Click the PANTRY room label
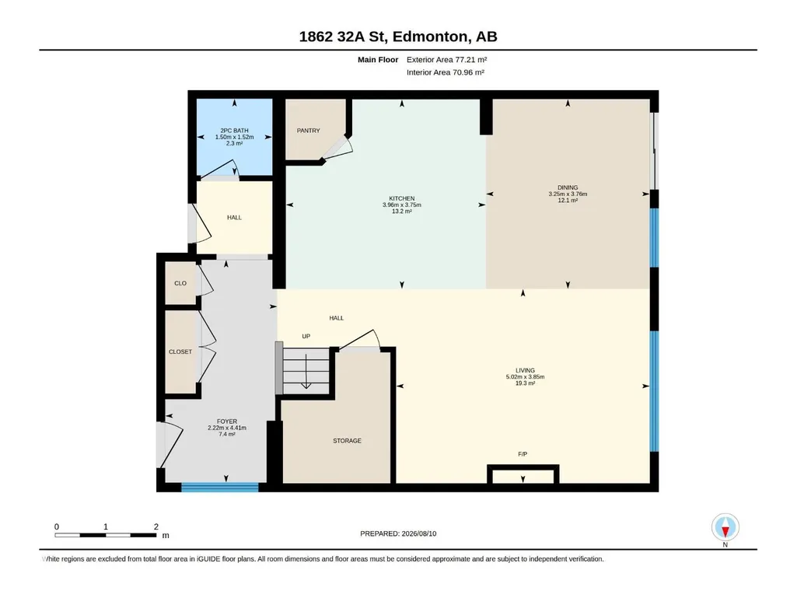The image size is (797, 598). click(309, 131)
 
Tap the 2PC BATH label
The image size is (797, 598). click(234, 131)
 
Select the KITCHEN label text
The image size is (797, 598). click(402, 198)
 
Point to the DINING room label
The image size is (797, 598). click(568, 187)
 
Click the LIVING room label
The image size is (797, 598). click(525, 371)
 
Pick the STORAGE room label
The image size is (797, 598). click(347, 441)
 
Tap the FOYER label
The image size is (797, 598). click(227, 421)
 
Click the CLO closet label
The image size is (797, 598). click(180, 283)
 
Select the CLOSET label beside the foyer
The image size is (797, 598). click(180, 352)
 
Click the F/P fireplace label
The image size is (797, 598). click(523, 454)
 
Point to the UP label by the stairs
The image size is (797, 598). click(306, 336)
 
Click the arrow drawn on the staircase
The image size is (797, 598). click(306, 371)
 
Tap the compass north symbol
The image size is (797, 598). click(725, 528)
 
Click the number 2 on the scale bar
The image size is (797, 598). click(156, 526)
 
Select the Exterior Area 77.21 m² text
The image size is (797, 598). click(447, 60)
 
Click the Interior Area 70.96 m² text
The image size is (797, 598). click(446, 72)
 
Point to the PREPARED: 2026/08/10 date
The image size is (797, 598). click(398, 533)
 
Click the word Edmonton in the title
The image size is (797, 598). click(429, 37)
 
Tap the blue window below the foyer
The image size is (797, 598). click(220, 487)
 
